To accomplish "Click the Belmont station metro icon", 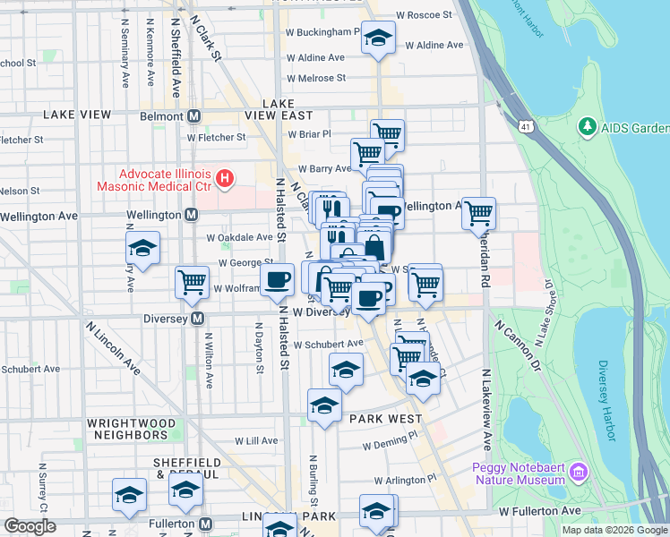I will [x=193, y=116].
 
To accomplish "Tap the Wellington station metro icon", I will [x=192, y=216].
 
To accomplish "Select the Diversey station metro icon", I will [x=197, y=319].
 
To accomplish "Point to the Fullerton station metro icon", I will [x=205, y=524].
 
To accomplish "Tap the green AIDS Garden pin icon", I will [x=588, y=128].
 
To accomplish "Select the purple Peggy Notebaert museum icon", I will [x=579, y=471].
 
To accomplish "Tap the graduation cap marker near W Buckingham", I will [x=379, y=38].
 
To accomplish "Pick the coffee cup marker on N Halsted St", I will [x=278, y=278].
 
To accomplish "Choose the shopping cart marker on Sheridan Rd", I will [x=479, y=213].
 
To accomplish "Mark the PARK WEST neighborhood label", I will [x=385, y=419].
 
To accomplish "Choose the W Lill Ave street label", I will [x=257, y=441].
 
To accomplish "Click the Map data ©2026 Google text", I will [x=614, y=530].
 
